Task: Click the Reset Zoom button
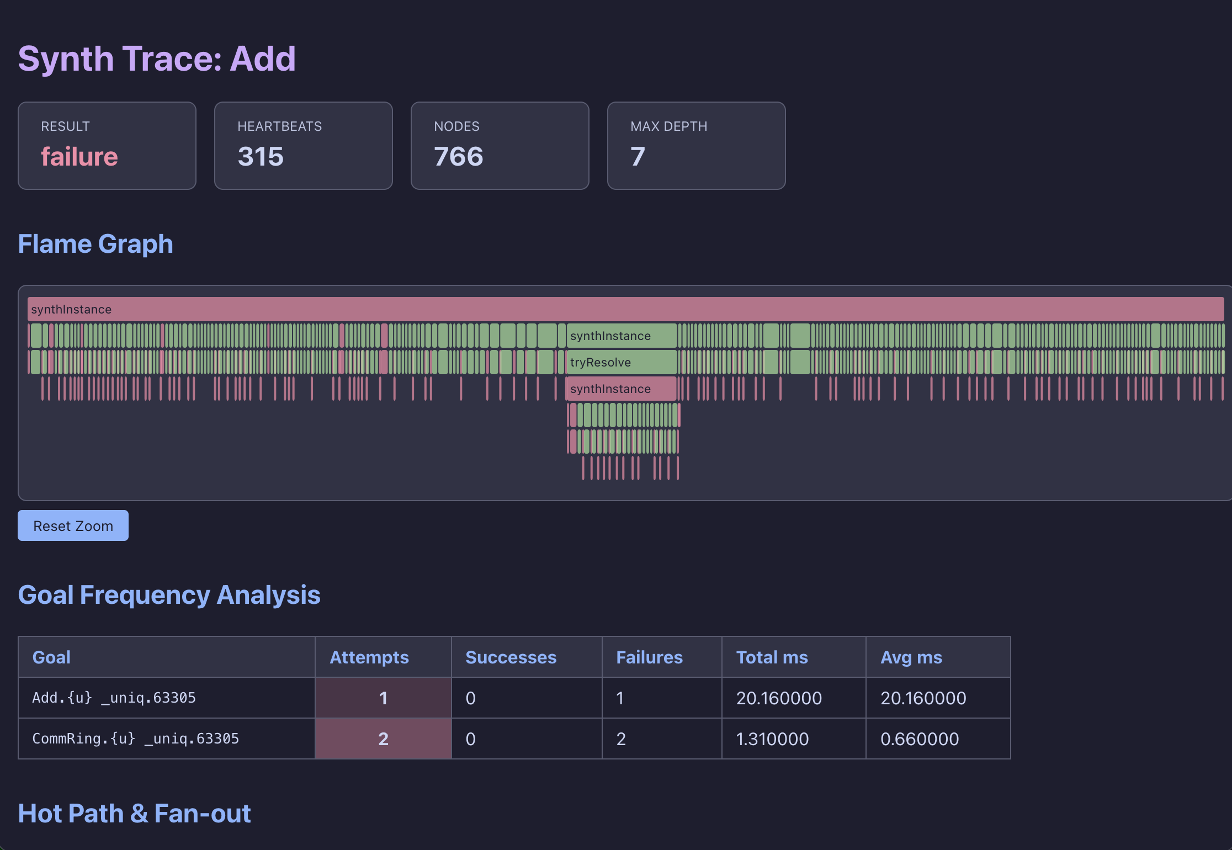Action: click(x=73, y=525)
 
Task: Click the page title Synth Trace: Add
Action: click(x=157, y=59)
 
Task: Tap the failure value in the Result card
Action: click(x=79, y=157)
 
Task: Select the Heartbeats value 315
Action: click(x=261, y=157)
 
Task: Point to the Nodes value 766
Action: click(x=458, y=157)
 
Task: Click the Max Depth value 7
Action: click(x=638, y=157)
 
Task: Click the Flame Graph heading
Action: click(x=95, y=244)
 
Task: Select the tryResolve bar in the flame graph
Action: click(x=622, y=363)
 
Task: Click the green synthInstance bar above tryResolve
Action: click(x=622, y=336)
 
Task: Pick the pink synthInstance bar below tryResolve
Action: click(x=622, y=389)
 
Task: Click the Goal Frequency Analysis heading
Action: click(x=169, y=595)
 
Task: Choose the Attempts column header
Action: click(x=369, y=657)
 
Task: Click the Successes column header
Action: click(x=511, y=657)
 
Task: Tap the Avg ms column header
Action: click(x=911, y=657)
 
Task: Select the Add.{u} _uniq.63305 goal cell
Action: click(x=114, y=698)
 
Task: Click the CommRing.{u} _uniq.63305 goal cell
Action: click(x=135, y=739)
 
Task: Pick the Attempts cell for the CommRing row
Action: click(x=383, y=739)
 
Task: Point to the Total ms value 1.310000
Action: click(x=772, y=739)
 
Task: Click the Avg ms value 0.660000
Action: click(x=920, y=739)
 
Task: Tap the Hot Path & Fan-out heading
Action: click(x=134, y=814)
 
